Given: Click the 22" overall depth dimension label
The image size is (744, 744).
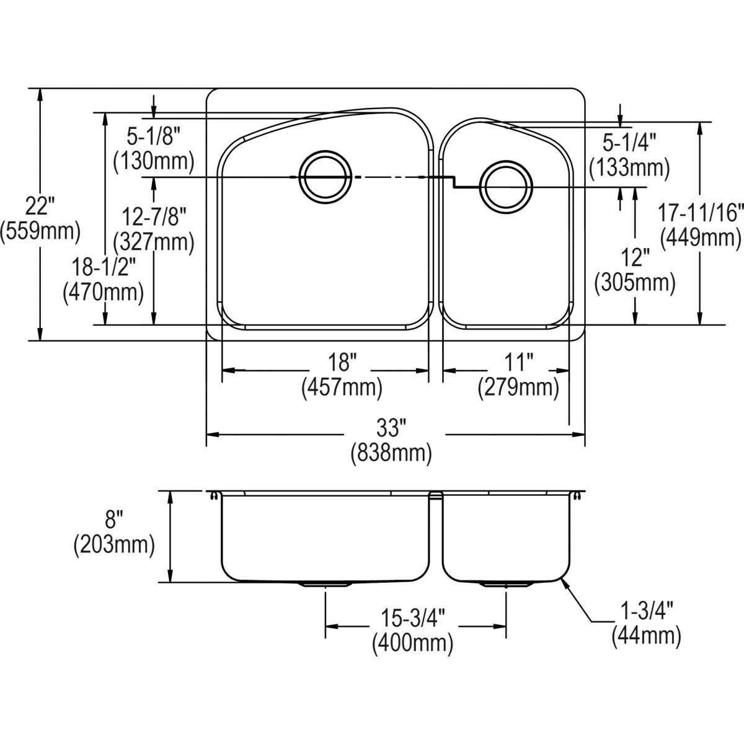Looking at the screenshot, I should coord(40,204).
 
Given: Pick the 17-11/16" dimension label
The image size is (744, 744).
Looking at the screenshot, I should coord(701,213).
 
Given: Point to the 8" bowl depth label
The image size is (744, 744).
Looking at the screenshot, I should coord(113,518).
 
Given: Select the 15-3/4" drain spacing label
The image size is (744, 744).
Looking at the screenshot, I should coord(412,617).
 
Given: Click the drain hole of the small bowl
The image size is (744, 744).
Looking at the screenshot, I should coord(506,186).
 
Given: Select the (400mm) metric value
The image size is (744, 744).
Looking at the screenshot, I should coord(412,644).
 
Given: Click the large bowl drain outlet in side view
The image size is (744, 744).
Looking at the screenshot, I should coord(325,584).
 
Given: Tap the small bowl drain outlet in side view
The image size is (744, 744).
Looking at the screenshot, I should coord(506,584).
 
